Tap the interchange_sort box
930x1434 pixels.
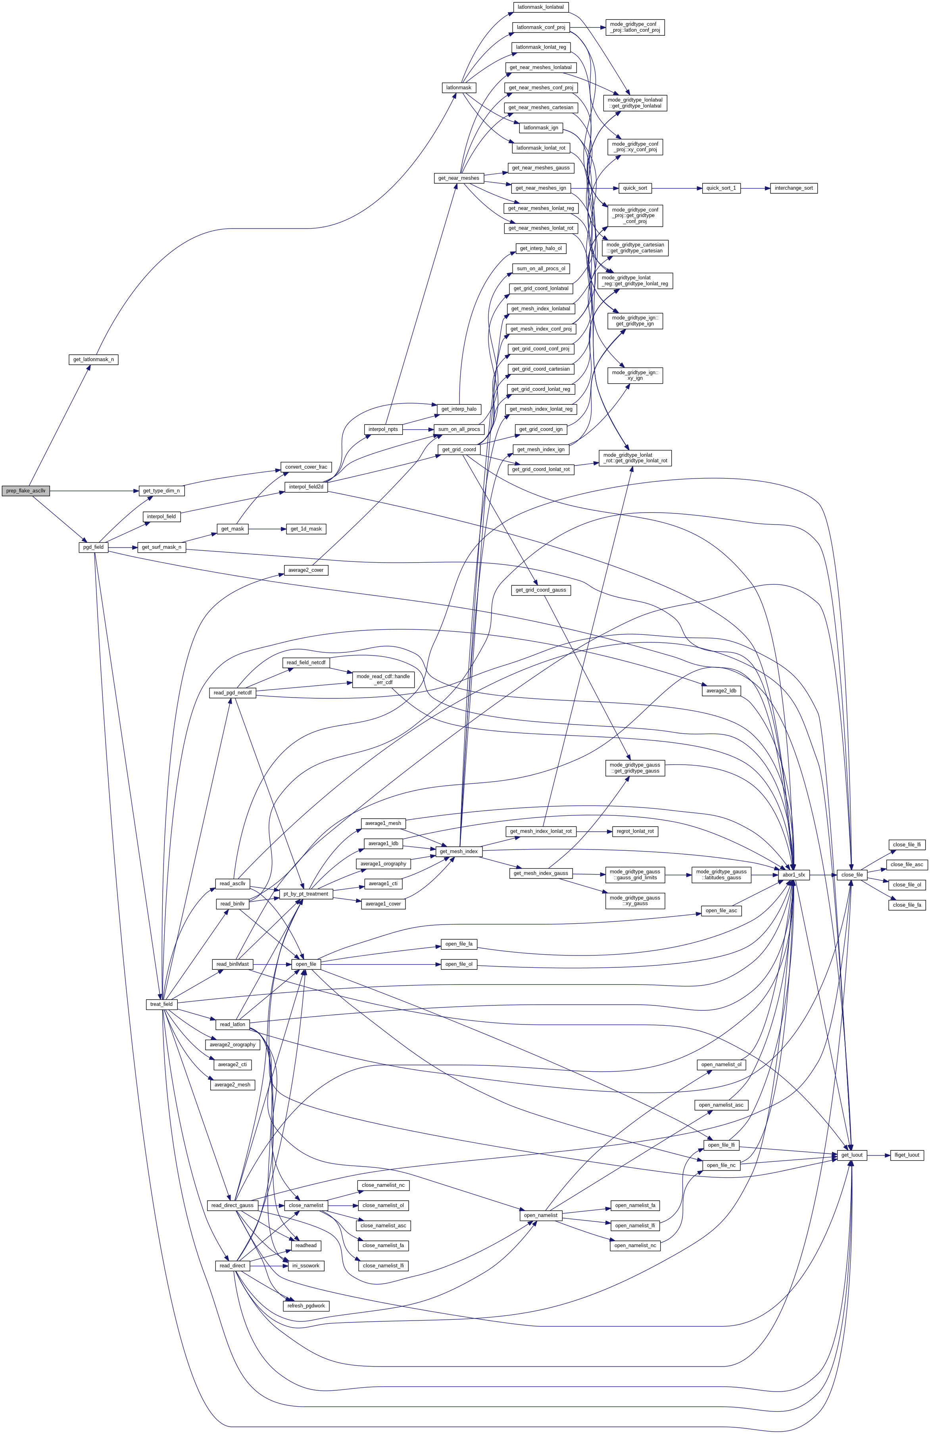click(x=793, y=188)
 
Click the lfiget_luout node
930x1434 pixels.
click(x=907, y=1155)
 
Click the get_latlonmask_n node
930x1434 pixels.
click(x=93, y=360)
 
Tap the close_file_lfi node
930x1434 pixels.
click(x=907, y=845)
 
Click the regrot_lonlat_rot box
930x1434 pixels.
click(x=634, y=832)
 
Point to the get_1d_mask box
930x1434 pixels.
click(x=306, y=529)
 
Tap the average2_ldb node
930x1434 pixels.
click(x=721, y=690)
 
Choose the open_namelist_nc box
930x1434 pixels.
click(x=636, y=1246)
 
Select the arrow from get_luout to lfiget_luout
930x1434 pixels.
click(x=878, y=1155)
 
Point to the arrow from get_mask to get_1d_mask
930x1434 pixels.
click(x=265, y=529)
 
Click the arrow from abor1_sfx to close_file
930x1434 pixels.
click(x=823, y=875)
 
